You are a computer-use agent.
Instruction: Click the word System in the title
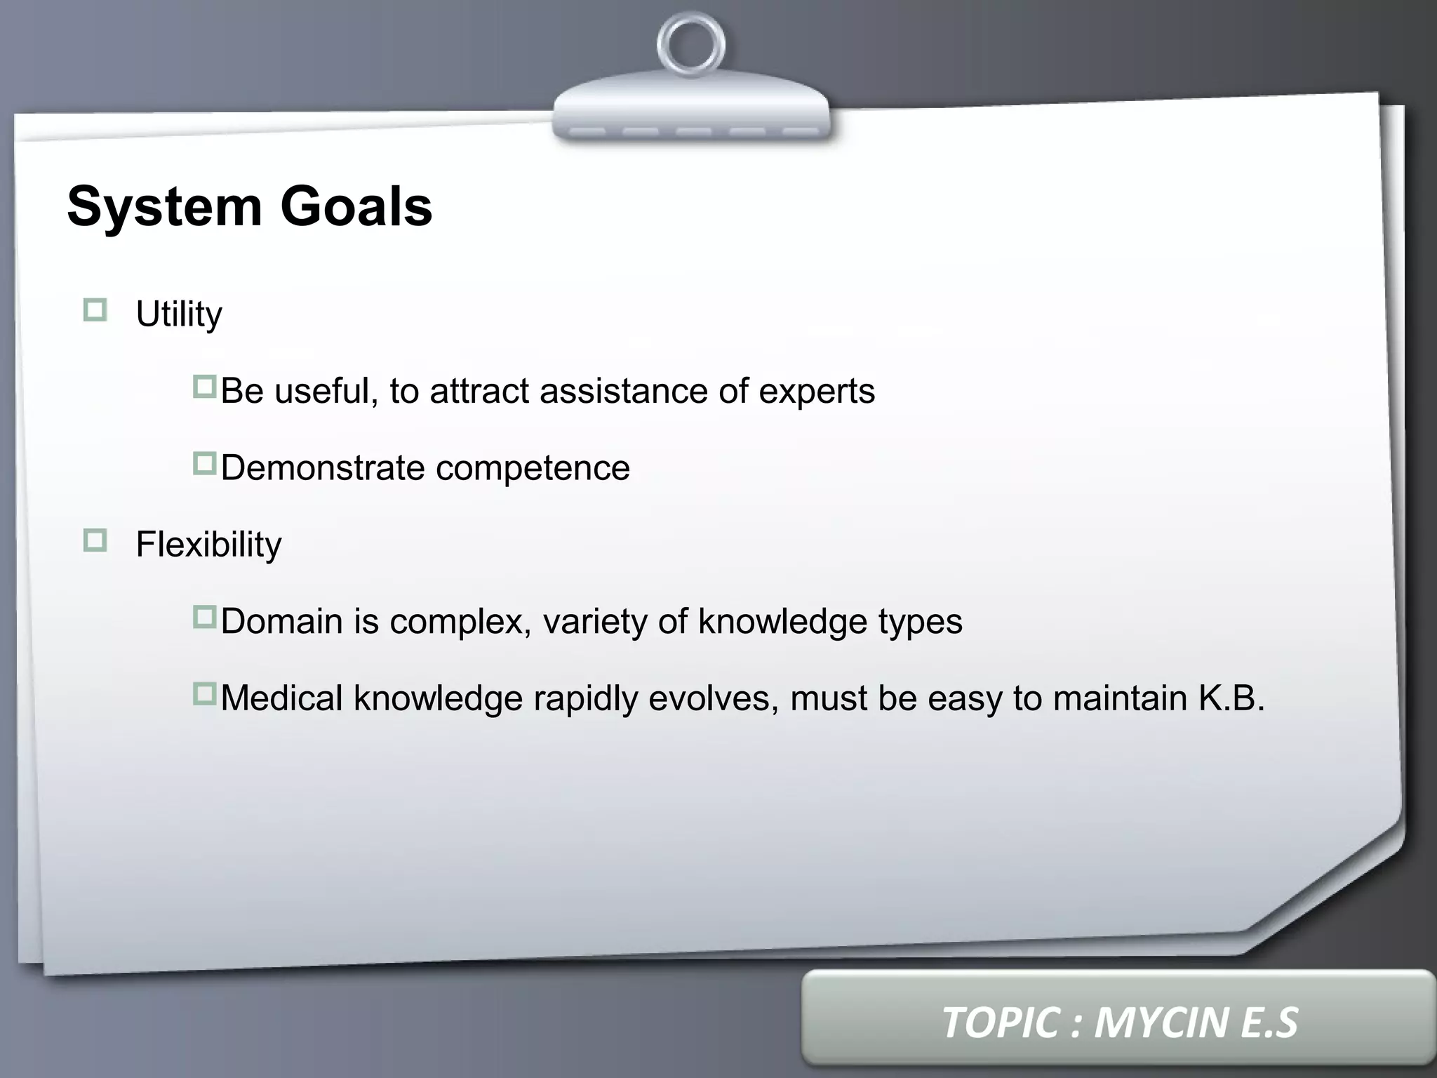(x=164, y=206)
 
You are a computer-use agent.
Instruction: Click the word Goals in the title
(x=356, y=206)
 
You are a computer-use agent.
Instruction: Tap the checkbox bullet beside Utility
(x=95, y=310)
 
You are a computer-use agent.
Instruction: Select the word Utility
(x=179, y=314)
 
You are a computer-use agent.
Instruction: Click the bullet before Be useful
(x=204, y=387)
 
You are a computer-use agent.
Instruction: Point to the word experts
(x=817, y=392)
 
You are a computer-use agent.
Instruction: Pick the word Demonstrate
(x=322, y=467)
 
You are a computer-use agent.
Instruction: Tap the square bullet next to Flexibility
(x=95, y=540)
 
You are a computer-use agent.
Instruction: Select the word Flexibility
(x=208, y=545)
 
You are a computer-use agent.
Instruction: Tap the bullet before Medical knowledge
(x=204, y=694)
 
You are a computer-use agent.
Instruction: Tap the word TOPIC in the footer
(x=1000, y=1022)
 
